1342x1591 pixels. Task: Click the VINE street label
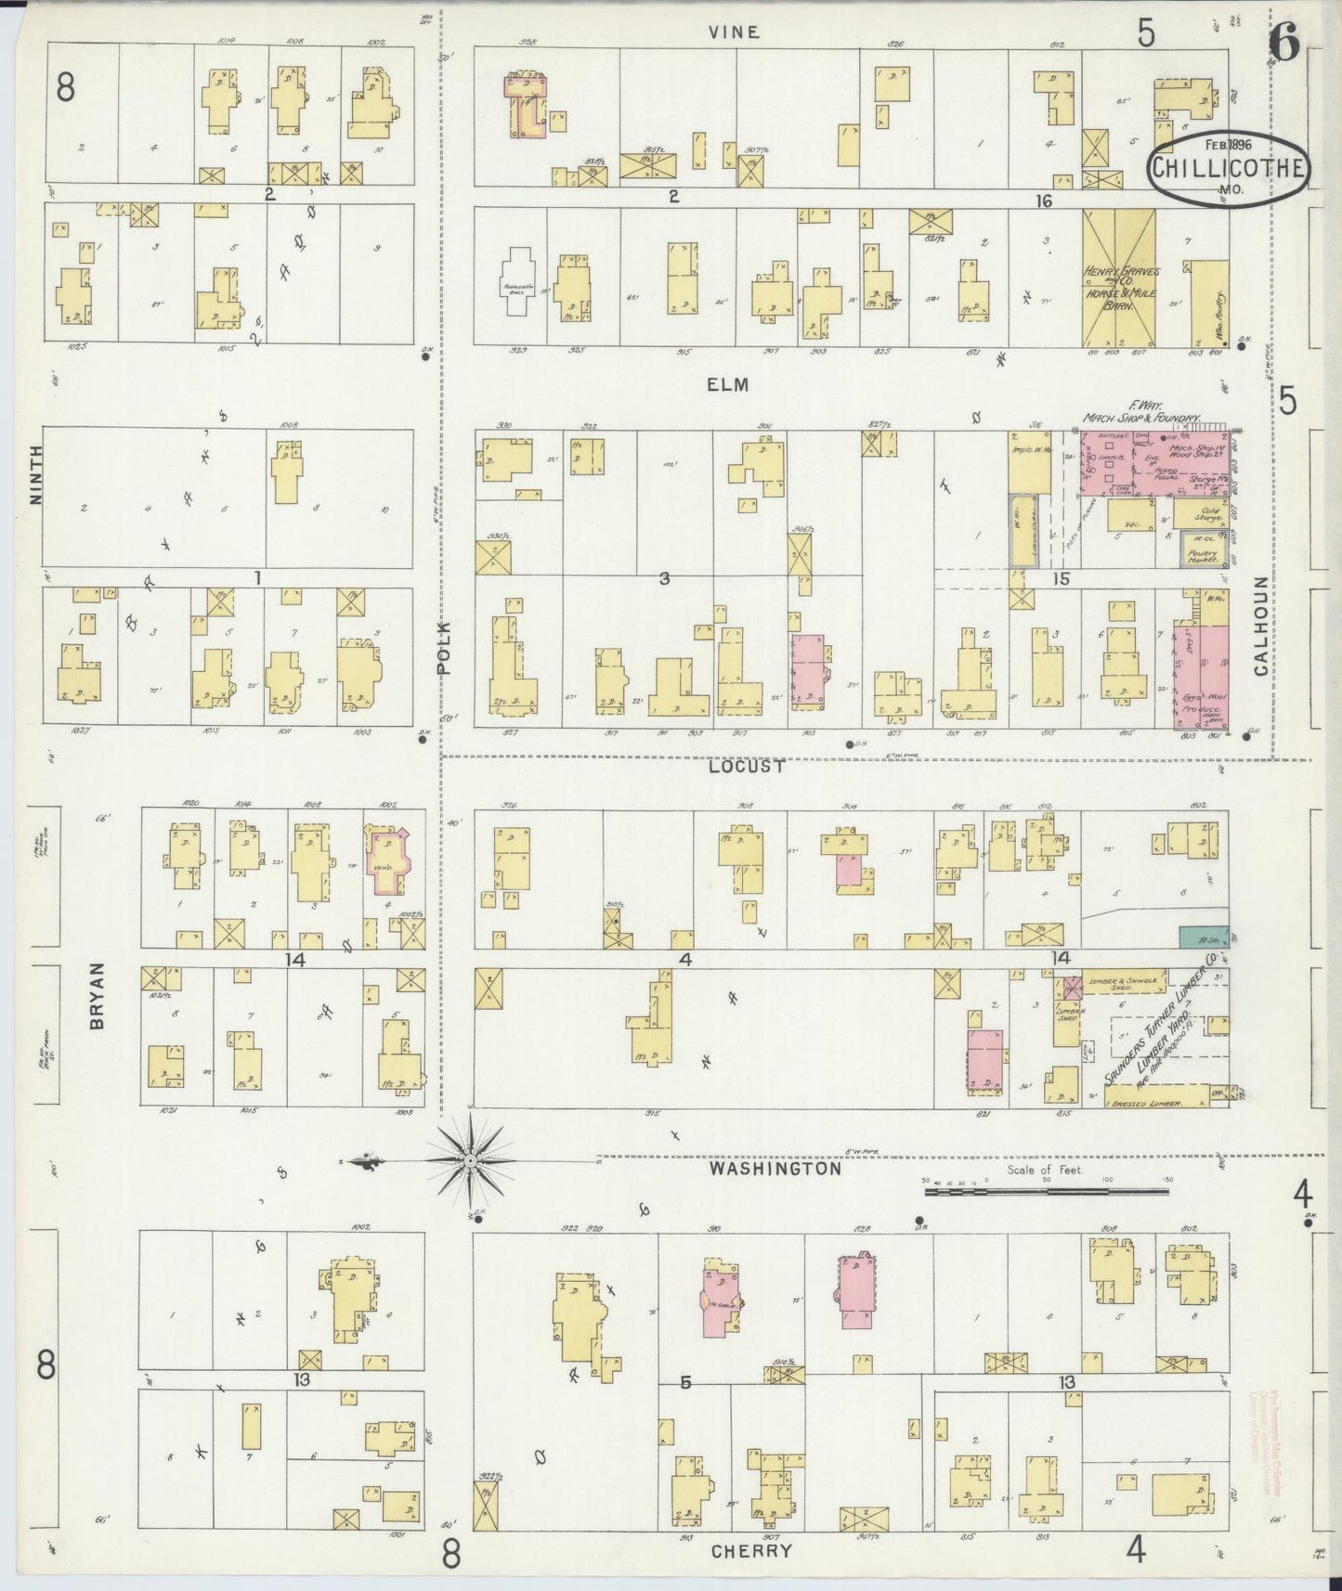[734, 32]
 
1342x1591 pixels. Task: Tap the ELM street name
[728, 384]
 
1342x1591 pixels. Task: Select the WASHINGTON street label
[775, 1170]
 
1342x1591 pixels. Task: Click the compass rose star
[471, 1161]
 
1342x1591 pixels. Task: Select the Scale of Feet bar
[1046, 1190]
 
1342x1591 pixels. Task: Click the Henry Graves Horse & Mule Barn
[1118, 277]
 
